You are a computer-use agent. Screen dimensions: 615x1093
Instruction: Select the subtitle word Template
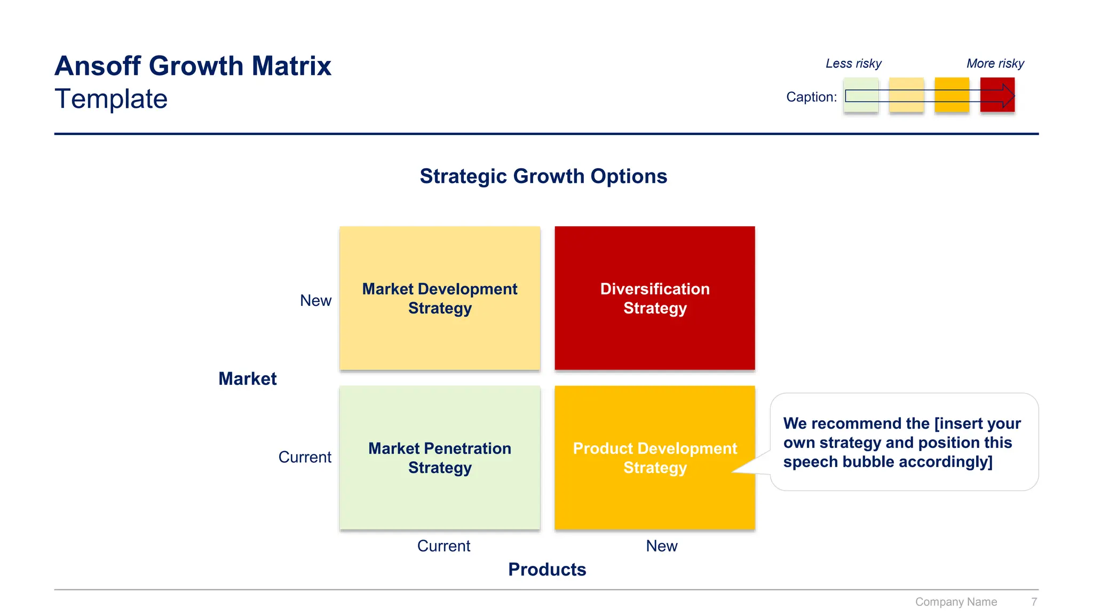pos(111,99)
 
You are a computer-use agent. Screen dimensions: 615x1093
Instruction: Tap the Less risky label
pos(853,64)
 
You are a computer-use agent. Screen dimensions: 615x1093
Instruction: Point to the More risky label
pos(995,64)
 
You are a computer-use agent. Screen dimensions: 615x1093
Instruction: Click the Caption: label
pos(811,97)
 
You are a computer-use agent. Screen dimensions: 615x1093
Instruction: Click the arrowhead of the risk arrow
pos(1008,96)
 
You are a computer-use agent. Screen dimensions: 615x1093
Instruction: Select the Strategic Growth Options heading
pos(543,176)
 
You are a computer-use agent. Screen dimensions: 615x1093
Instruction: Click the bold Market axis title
pos(247,379)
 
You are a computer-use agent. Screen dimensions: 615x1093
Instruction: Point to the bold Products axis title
pos(547,570)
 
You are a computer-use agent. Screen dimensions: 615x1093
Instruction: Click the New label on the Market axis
pos(315,301)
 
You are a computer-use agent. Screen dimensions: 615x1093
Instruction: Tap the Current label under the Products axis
pos(443,546)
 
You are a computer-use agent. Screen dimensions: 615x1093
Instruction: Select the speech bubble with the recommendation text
pos(904,442)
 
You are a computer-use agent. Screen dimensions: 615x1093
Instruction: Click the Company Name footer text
pos(956,602)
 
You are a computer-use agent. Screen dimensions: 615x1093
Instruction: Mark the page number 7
pos(1034,602)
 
